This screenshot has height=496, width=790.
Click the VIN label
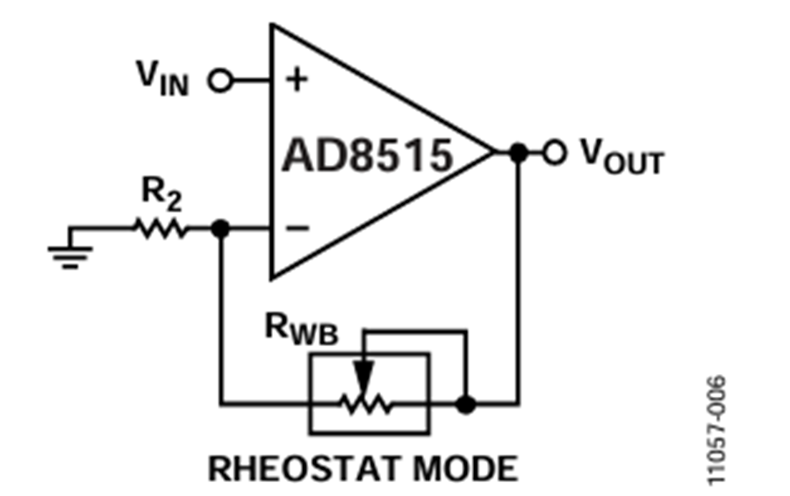coord(163,80)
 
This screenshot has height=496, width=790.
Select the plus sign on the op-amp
coord(298,81)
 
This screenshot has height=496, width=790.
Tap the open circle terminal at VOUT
coord(553,153)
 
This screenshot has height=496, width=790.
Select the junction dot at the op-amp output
coord(519,153)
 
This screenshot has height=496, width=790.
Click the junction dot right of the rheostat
coord(468,405)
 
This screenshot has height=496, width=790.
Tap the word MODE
coord(469,468)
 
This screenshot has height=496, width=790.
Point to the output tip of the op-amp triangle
coord(492,153)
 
